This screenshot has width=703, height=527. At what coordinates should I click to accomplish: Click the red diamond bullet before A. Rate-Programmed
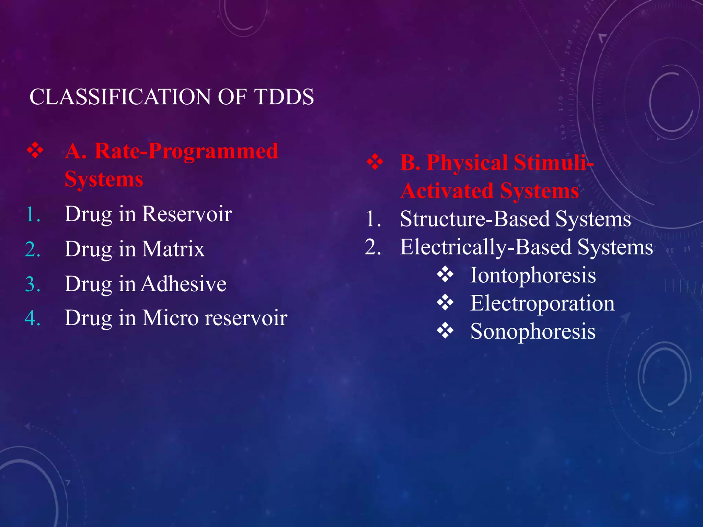(35, 151)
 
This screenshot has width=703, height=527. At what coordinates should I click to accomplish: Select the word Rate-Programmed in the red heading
(186, 151)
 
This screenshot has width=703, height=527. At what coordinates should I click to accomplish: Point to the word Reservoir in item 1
(187, 214)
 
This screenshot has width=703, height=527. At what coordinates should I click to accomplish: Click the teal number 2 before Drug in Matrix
(33, 249)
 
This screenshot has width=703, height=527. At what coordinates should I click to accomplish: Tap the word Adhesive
(184, 284)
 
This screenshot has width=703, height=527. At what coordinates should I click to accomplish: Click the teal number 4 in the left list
(33, 318)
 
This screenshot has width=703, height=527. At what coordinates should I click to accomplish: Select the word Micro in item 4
(170, 318)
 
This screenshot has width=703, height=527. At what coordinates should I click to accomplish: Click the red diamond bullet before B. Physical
(375, 162)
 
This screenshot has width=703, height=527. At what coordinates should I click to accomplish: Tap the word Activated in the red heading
(447, 191)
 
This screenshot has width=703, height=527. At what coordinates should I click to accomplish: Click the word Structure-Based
(475, 219)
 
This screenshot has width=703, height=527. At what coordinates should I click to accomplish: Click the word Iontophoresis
(533, 276)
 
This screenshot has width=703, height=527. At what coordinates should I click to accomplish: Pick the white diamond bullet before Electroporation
(445, 303)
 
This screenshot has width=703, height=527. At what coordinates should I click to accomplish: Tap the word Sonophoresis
(533, 332)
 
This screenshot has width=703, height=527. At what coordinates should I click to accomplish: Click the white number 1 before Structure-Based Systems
(373, 219)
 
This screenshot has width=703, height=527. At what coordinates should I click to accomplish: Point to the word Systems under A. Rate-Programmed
(104, 179)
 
